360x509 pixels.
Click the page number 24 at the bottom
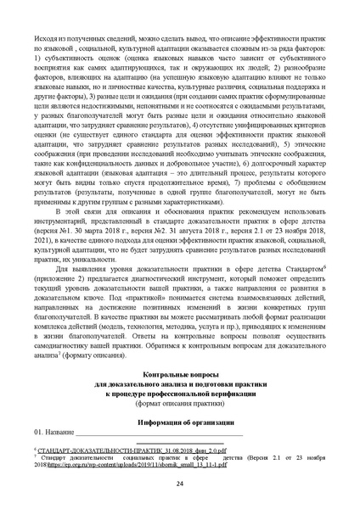[180, 483]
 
